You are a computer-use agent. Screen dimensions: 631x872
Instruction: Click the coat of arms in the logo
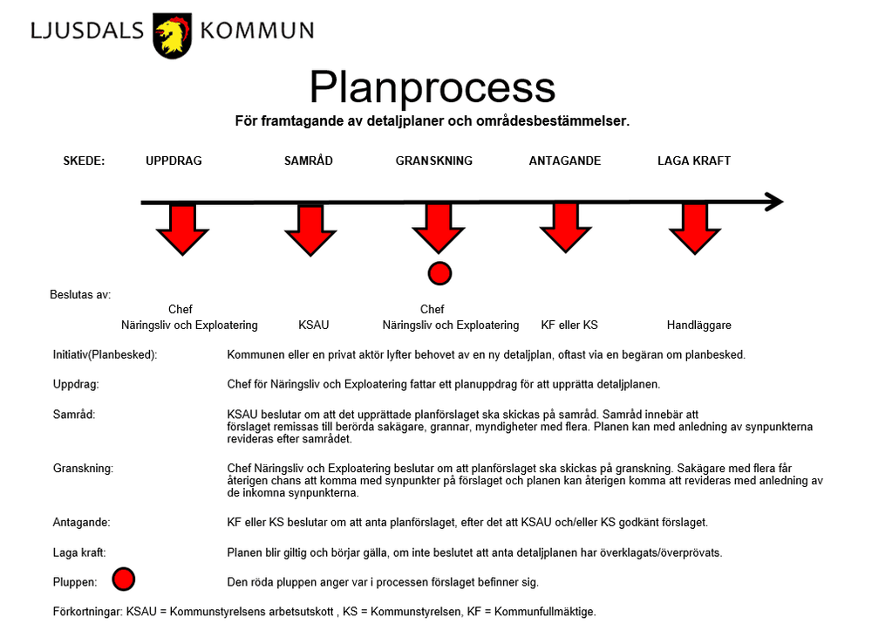pos(172,35)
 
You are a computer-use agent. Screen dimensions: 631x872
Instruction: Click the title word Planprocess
pos(432,87)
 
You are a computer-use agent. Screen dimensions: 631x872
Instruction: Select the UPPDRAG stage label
pos(174,161)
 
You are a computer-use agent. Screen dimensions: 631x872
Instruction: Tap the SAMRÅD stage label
pos(309,161)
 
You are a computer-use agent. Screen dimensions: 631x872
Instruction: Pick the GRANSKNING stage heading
pos(434,161)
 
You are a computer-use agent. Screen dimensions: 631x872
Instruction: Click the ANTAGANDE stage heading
pos(565,161)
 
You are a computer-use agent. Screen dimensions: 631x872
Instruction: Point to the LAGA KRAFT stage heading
pos(694,161)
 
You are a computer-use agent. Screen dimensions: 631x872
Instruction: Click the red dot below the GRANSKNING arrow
pos(440,273)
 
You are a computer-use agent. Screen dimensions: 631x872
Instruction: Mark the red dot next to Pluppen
pos(125,579)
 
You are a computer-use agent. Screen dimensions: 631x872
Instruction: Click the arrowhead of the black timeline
pos(774,202)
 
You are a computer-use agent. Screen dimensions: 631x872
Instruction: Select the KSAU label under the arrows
pos(313,325)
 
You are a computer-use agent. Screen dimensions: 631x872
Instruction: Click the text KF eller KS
pos(569,325)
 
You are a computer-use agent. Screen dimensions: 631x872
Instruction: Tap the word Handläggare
pos(698,325)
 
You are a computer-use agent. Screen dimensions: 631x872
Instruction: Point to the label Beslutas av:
pos(80,294)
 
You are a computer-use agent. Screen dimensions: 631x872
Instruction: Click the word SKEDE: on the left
pos(84,161)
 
